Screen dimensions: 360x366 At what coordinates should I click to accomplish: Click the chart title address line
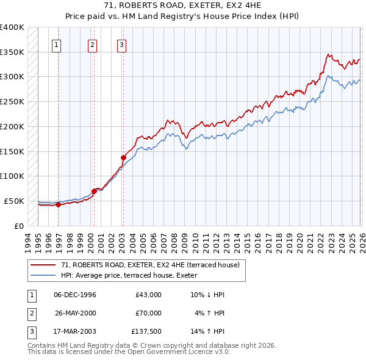pos(183,6)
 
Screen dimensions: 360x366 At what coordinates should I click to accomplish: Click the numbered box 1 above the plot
pos(56,44)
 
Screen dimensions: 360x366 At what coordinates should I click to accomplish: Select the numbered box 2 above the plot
pos(92,44)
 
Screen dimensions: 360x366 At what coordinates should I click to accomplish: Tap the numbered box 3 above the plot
pos(122,44)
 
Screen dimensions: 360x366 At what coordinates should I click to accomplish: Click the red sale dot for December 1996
pos(59,204)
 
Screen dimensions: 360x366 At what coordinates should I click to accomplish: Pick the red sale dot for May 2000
pos(95,191)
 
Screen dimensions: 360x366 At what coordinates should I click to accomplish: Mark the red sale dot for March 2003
pos(123,157)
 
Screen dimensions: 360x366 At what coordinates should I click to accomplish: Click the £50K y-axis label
pos(13,201)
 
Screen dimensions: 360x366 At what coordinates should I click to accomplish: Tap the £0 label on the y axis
pos(18,226)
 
